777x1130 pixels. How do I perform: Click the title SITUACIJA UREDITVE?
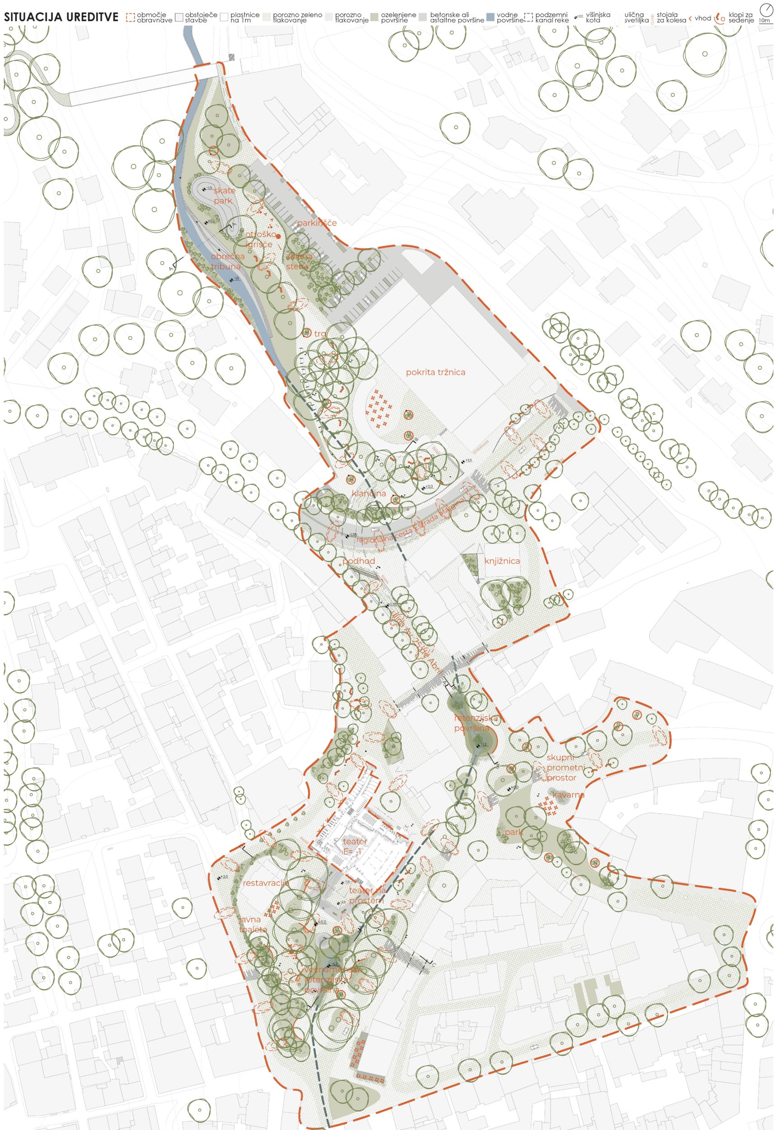pyautogui.click(x=61, y=18)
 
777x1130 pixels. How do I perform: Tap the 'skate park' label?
pyautogui.click(x=224, y=195)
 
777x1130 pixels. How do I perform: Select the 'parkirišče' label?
pyautogui.click(x=317, y=222)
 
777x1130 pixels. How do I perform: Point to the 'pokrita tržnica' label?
pyautogui.click(x=436, y=372)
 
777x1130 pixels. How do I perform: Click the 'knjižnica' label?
pyautogui.click(x=502, y=560)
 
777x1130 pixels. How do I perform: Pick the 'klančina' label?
pyautogui.click(x=369, y=494)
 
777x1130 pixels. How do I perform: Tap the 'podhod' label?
pyautogui.click(x=359, y=561)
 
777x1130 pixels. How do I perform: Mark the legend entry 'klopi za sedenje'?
pyautogui.click(x=741, y=18)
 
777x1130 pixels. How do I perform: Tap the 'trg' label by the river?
pyautogui.click(x=320, y=334)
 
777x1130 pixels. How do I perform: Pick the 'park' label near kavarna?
pyautogui.click(x=513, y=833)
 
